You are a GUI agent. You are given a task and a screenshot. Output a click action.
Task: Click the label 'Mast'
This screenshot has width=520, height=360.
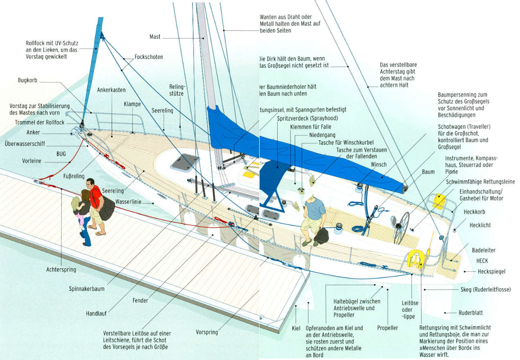click(x=155, y=37)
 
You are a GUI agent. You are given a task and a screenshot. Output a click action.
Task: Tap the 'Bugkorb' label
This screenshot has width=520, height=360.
click(x=27, y=81)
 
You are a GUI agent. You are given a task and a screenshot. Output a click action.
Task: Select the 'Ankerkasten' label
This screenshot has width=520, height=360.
click(x=111, y=90)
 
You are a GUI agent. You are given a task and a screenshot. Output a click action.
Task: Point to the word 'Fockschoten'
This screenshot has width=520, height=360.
click(x=149, y=57)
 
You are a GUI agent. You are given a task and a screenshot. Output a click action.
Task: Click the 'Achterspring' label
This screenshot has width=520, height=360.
click(x=61, y=270)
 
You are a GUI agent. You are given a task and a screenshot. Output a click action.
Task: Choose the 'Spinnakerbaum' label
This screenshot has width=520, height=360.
click(x=86, y=289)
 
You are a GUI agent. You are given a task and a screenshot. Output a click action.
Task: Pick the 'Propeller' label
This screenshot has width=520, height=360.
click(x=387, y=328)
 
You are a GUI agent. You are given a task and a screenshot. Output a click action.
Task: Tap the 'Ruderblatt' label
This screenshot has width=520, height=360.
click(x=470, y=313)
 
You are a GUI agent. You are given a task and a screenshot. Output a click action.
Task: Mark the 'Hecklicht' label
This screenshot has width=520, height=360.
click(x=480, y=225)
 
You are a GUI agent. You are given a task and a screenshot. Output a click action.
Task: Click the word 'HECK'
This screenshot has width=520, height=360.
click(x=482, y=260)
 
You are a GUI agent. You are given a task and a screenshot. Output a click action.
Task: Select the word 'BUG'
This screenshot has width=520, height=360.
click(x=61, y=154)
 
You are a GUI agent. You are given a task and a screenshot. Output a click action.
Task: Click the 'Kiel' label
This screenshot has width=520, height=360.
click(x=296, y=328)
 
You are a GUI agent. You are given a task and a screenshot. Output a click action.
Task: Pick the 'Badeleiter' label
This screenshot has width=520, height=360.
click(x=484, y=250)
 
